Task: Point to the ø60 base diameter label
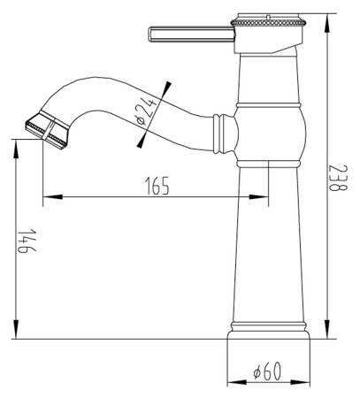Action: point(266,373)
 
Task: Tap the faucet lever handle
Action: point(186,34)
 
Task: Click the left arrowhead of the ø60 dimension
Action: point(232,383)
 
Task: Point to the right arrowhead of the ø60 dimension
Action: point(307,383)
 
